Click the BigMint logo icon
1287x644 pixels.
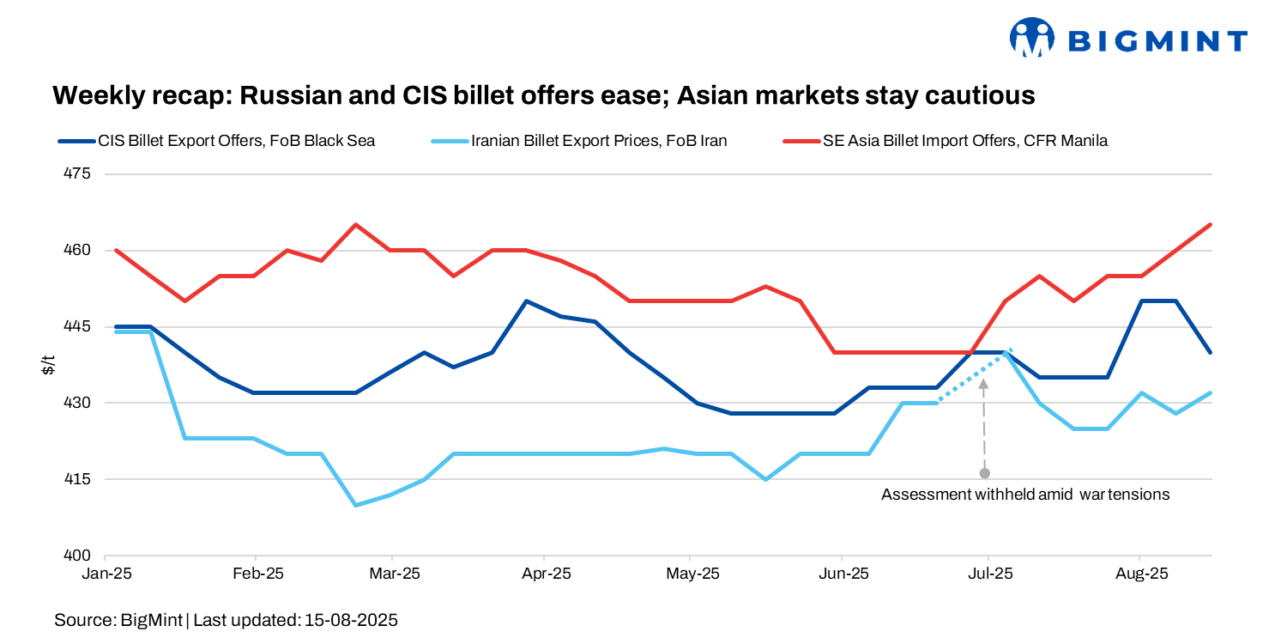point(1032,38)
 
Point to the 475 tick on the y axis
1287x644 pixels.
point(76,174)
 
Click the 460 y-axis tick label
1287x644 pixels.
point(76,251)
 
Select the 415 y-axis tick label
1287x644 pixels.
point(76,479)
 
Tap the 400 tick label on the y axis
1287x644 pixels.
point(76,556)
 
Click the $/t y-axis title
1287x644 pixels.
point(49,365)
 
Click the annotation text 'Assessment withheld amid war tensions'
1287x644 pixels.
point(1025,495)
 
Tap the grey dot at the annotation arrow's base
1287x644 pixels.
point(984,473)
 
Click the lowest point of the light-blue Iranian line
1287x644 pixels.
point(356,505)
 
